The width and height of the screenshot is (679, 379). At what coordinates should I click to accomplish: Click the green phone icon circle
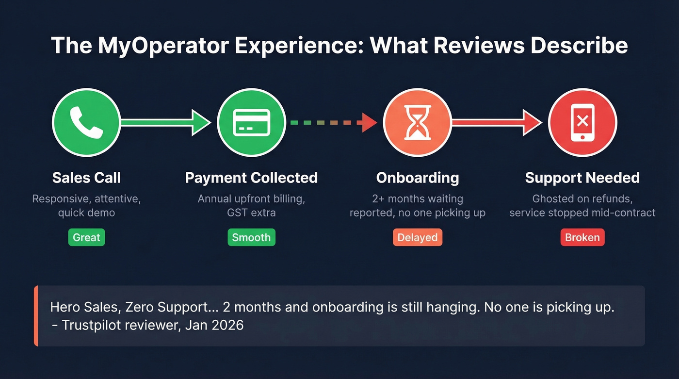point(86,122)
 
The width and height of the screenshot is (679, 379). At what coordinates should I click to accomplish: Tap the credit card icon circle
point(251,122)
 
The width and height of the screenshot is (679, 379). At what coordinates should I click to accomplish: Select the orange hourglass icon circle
point(417,122)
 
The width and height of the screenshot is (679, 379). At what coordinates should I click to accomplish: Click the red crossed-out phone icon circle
point(582,122)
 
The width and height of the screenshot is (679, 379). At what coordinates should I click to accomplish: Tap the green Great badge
point(86,238)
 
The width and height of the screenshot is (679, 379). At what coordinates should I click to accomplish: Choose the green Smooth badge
point(251,238)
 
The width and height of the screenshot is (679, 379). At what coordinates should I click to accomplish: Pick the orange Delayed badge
point(417,238)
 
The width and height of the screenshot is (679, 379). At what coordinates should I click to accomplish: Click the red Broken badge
point(582,238)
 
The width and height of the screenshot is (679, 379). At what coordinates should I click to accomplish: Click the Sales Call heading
point(86,178)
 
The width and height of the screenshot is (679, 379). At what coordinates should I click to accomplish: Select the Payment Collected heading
point(251,178)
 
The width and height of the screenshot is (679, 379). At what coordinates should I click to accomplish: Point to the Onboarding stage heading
point(417,178)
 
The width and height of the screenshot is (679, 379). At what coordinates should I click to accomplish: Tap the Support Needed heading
point(582,178)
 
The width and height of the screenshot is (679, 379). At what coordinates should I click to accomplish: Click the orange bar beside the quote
point(36,316)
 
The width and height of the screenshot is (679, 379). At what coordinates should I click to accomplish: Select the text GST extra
point(251,212)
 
